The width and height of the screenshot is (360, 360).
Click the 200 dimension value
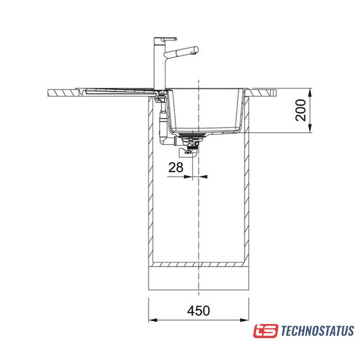(x=301, y=110)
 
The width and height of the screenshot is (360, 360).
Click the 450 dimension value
(x=199, y=310)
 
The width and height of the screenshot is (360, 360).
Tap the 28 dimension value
(x=175, y=168)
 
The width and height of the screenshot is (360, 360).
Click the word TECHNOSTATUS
(x=317, y=331)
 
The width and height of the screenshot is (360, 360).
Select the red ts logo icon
(x=265, y=331)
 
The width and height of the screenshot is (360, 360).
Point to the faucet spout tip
(x=196, y=50)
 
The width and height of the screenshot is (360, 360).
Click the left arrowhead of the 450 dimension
(x=153, y=320)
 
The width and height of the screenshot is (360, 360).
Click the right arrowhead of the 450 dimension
(x=244, y=320)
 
